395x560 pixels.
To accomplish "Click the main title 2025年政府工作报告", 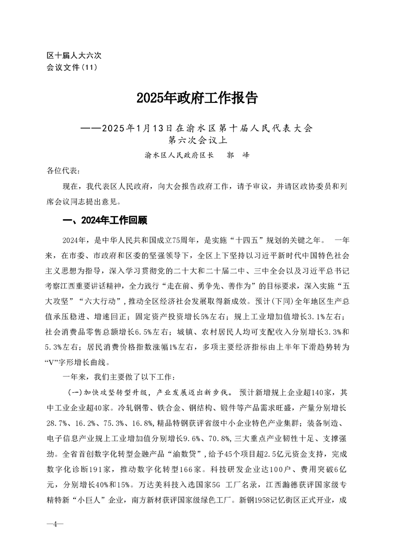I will click(x=197, y=98).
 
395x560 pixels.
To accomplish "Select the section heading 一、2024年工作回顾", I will click(x=103, y=221).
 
